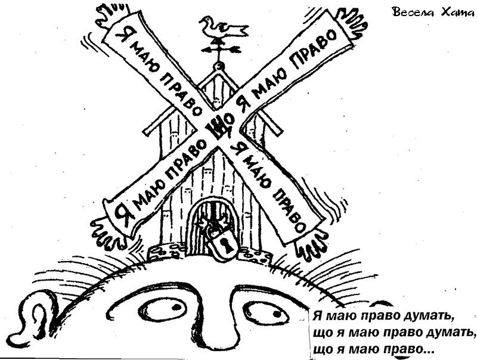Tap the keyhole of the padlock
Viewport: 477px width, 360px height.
click(226, 245)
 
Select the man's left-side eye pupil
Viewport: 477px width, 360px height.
click(175, 307)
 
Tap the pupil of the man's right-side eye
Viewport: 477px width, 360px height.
click(276, 314)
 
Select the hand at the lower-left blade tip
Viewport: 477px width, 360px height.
click(107, 232)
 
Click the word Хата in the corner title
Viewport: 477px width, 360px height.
click(457, 12)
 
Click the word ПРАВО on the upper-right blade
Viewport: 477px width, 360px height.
click(314, 48)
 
